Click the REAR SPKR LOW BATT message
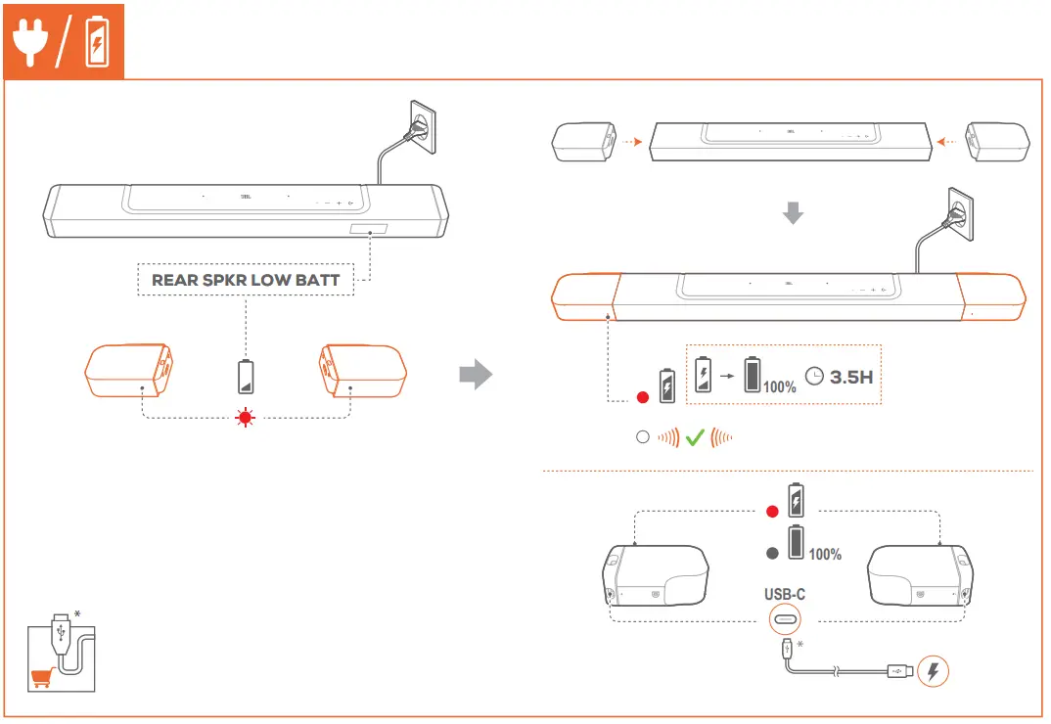click(246, 280)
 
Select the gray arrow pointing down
click(794, 212)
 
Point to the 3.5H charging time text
click(850, 377)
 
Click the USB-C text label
click(785, 594)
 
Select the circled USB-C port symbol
click(785, 619)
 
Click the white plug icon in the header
click(31, 42)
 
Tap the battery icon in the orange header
click(97, 42)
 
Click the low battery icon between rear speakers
click(245, 376)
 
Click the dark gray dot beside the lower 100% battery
click(771, 553)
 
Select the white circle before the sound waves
click(643, 437)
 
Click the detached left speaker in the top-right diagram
click(583, 142)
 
